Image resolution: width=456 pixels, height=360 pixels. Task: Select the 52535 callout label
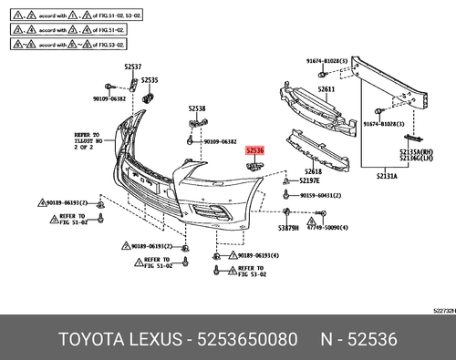coord(150,80)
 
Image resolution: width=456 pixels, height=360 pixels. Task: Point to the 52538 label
coord(197,108)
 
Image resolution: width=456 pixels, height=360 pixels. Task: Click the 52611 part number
coord(326,89)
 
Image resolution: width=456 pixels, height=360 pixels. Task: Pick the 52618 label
coord(313,171)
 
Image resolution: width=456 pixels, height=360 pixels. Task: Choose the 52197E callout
coord(309,181)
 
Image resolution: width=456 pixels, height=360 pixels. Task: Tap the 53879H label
coord(289,227)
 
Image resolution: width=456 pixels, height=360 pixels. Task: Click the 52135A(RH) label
coord(416,152)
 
